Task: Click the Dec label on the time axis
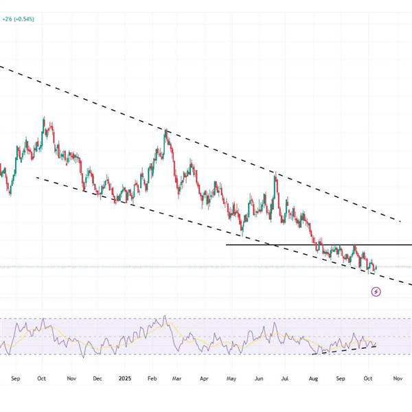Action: [97, 378]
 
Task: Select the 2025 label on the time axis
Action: [124, 378]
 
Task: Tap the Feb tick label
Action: [150, 378]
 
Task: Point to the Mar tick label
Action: [176, 378]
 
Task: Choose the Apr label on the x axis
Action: [204, 378]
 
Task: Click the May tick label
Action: [231, 378]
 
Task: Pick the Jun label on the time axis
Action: [259, 378]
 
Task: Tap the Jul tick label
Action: [286, 378]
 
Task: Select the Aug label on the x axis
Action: [313, 378]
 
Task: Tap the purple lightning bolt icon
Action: [376, 292]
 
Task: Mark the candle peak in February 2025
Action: [165, 130]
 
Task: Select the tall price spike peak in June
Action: [276, 175]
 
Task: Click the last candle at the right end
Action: [376, 266]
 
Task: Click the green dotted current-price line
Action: [206, 266]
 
